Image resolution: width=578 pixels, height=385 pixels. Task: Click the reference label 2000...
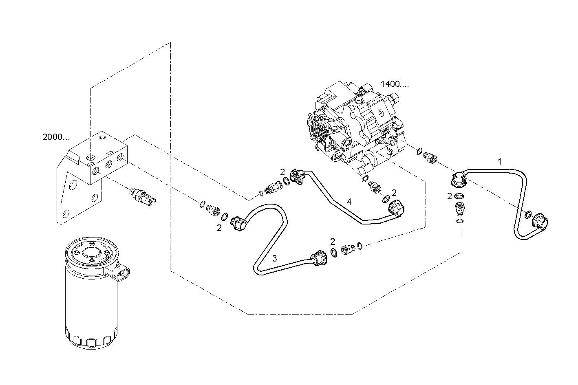point(56,137)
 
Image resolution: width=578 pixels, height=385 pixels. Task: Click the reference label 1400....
point(394,84)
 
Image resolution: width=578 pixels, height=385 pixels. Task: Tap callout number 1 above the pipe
point(500,162)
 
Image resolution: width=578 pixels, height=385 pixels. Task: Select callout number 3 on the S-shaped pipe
point(275,258)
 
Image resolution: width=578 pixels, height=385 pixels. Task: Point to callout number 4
point(349,201)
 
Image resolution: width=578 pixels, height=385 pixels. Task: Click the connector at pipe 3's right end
point(319,260)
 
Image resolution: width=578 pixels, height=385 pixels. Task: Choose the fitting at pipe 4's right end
point(395,208)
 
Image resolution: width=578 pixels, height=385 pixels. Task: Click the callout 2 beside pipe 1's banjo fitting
point(449,196)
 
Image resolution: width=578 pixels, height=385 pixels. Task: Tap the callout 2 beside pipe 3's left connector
point(219,228)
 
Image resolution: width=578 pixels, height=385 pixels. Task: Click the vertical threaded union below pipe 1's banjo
point(459,210)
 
